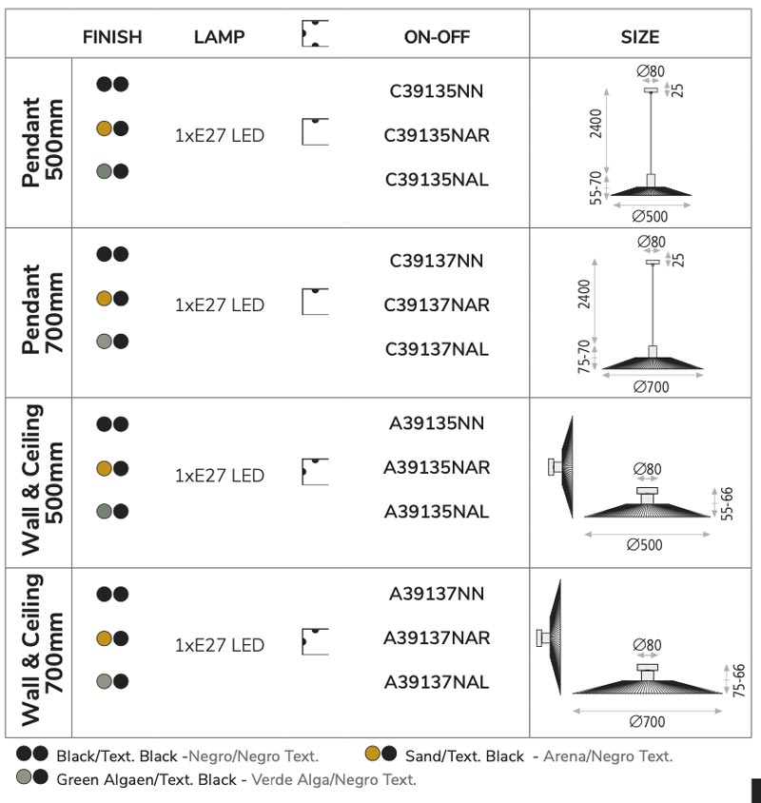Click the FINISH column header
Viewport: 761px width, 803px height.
(112, 37)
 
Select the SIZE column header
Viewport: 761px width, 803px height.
(640, 37)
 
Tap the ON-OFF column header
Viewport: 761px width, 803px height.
(437, 37)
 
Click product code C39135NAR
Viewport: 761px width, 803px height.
(437, 135)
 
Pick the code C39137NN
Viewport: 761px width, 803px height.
(437, 261)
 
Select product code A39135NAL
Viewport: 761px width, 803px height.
(437, 511)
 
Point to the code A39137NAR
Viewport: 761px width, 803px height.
(437, 637)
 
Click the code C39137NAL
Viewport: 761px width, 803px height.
(437, 349)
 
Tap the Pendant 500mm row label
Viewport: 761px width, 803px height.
(43, 143)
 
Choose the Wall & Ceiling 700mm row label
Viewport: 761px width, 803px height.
(43, 651)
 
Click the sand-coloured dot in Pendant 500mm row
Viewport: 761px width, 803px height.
(104, 128)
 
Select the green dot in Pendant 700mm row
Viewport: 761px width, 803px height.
(104, 341)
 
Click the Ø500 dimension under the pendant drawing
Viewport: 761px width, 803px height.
(650, 216)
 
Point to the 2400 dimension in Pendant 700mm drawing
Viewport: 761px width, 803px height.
(584, 294)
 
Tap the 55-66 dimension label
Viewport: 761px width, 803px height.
(727, 504)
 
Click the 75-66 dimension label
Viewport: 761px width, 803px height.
(739, 680)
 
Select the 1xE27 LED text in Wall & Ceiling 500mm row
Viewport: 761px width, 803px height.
(220, 476)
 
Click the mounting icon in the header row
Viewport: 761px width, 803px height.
(315, 34)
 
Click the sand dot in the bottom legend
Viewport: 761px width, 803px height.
(373, 754)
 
